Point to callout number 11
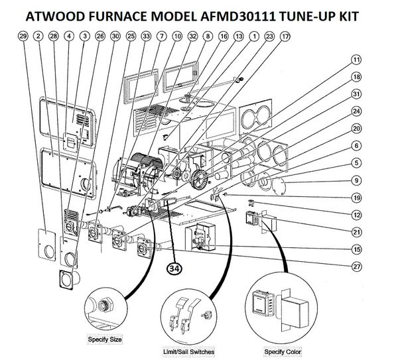(x=356, y=60)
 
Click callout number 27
(x=356, y=267)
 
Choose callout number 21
(x=356, y=231)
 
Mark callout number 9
(x=356, y=180)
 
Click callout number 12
(x=356, y=214)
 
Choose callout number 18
(x=356, y=77)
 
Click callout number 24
(x=356, y=111)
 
